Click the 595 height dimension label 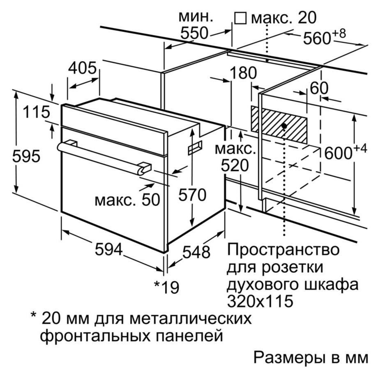pos(26,156)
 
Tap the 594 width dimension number pos(109,249)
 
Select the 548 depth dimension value pos(196,252)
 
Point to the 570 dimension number pos(192,195)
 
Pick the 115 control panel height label pos(37,112)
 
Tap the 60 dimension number pos(319,88)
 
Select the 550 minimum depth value pos(194,33)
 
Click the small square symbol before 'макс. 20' pos(240,18)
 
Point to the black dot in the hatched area pos(284,126)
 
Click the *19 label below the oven pos(166,287)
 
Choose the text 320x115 pos(260,301)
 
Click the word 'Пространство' pos(284,249)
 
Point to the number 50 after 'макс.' pos(150,200)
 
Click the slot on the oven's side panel pos(195,148)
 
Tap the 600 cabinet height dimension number pos(338,153)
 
